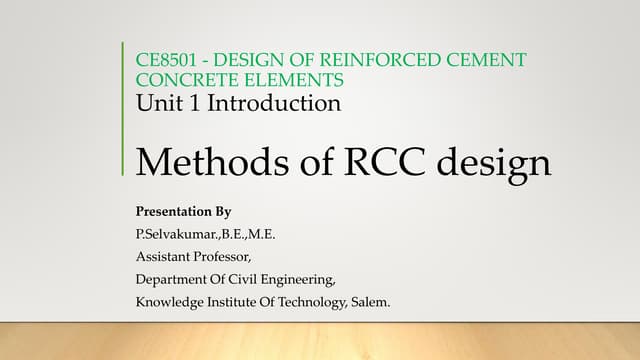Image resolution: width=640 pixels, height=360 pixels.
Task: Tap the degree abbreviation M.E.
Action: (261, 235)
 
